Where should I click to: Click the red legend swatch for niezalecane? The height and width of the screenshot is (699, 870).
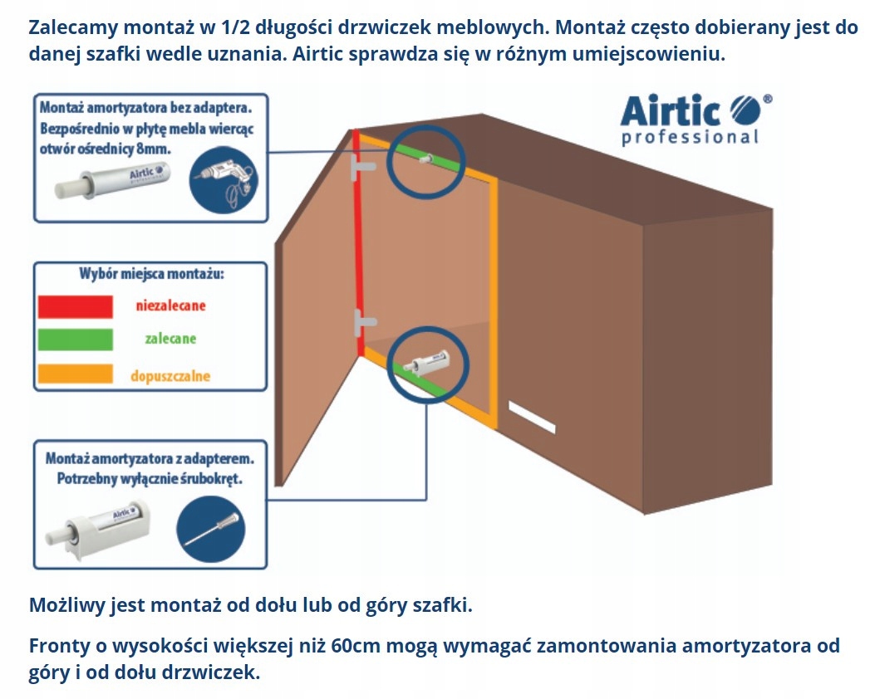point(75,306)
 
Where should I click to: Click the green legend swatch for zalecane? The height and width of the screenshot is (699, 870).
point(75,340)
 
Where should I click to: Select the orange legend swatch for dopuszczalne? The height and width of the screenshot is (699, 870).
point(75,374)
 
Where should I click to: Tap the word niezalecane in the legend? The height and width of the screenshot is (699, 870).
point(170,306)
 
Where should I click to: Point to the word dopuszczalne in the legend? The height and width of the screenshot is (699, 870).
point(170,375)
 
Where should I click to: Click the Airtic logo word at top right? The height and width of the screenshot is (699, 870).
point(671,110)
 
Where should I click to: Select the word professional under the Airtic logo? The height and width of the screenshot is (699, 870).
point(690,137)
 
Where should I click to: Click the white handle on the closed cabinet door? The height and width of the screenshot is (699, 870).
point(532,417)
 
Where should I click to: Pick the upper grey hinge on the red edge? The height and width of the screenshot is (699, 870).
point(363,167)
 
